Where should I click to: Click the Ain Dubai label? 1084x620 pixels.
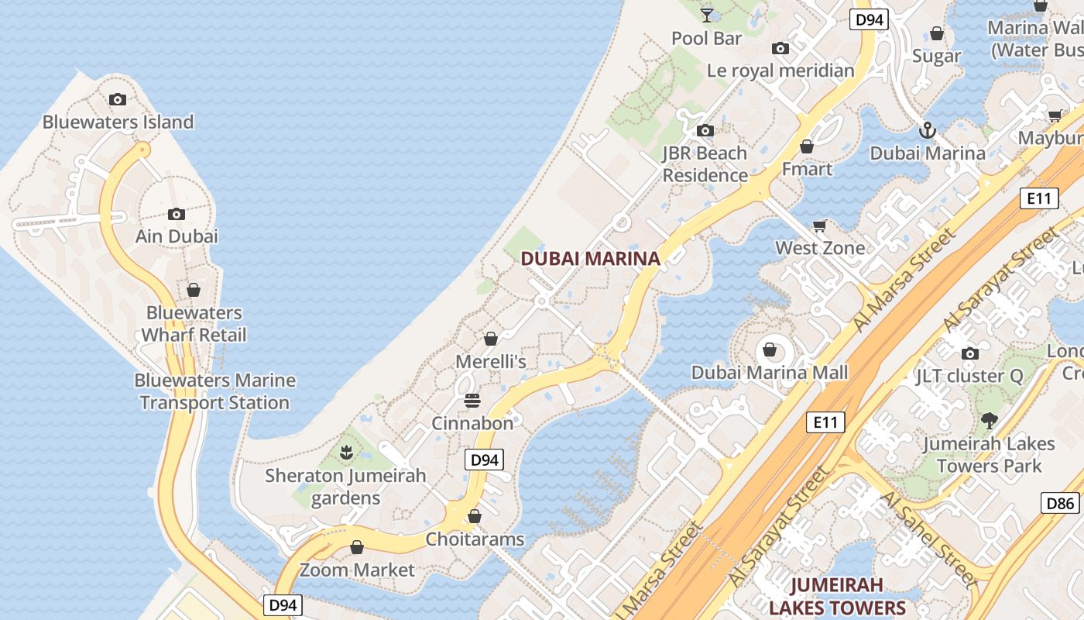point(177,236)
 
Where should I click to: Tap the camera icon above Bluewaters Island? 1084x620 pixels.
point(118,99)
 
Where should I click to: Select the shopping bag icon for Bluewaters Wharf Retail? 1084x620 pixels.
point(194,290)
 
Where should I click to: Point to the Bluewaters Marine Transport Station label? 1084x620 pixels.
point(214,391)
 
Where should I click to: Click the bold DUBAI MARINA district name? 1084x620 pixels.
point(591,259)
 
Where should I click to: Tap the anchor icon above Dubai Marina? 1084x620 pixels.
point(928,130)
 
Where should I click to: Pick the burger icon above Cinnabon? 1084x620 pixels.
point(472,401)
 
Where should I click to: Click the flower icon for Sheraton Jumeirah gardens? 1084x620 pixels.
point(346,451)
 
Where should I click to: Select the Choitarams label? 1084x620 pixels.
point(475,539)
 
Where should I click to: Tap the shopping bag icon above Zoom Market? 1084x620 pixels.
point(357,548)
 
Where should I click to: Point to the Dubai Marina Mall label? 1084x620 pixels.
point(770,373)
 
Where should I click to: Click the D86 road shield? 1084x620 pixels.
point(1060,503)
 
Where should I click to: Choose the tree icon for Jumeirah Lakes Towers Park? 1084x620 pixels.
point(989,421)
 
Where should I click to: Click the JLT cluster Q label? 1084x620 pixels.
point(969,377)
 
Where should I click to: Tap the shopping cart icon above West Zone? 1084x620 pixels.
point(820,226)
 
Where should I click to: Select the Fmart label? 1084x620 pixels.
point(807,169)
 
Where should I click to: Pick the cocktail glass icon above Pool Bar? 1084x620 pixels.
point(707,15)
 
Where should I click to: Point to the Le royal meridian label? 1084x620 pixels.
point(780,71)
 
